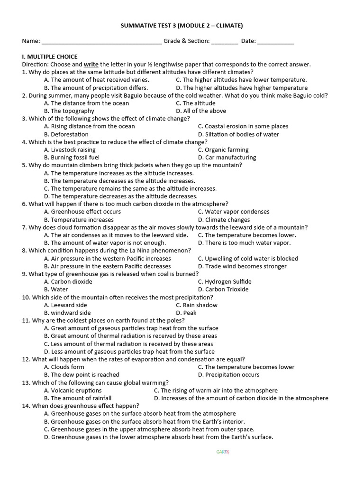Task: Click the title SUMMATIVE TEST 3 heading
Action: (x=182, y=26)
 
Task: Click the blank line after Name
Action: (x=101, y=42)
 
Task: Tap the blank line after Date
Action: (x=275, y=42)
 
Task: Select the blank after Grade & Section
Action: (x=225, y=42)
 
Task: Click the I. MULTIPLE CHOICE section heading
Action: (x=50, y=56)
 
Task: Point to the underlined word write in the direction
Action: (x=91, y=64)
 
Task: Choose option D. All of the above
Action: (x=201, y=111)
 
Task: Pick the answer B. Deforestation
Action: (x=66, y=134)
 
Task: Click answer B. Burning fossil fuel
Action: (x=72, y=158)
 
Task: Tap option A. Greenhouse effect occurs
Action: (x=82, y=212)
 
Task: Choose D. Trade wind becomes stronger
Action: (x=242, y=266)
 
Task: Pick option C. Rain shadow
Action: (x=197, y=305)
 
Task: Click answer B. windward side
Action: (x=67, y=313)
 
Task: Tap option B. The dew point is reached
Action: (x=82, y=375)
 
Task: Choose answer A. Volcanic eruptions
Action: (x=73, y=391)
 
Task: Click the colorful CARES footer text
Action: (x=223, y=452)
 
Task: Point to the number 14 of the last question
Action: (x=26, y=406)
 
